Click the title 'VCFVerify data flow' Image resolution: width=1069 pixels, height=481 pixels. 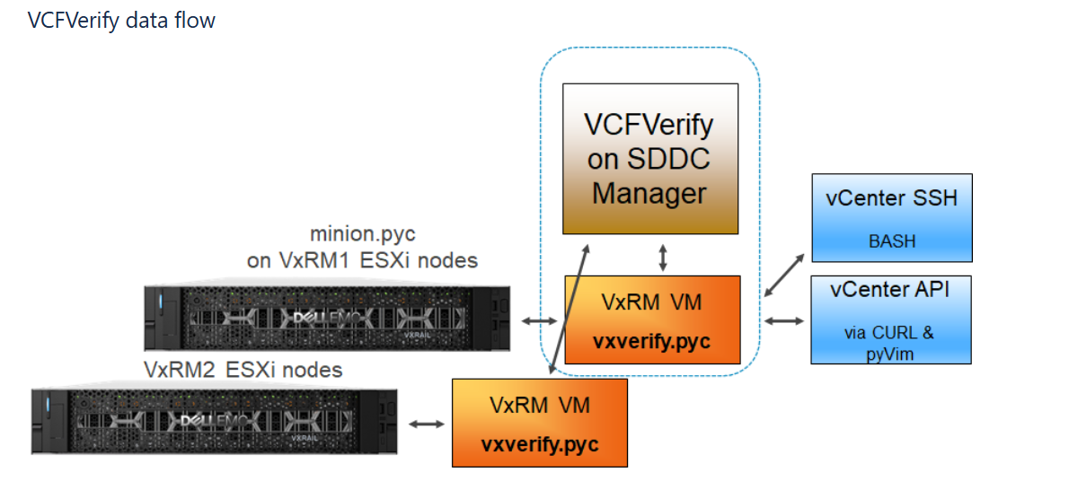coord(121,20)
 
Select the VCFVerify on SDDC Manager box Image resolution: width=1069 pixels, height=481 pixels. coord(649,159)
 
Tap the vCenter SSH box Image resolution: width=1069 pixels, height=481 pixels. coord(891,217)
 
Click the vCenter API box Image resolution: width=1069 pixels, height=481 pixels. coord(891,319)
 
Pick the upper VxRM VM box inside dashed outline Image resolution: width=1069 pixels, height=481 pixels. coord(652,319)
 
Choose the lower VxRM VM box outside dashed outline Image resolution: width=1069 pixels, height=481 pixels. coord(539,423)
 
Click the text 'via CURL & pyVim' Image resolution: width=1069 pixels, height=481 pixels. coord(889,342)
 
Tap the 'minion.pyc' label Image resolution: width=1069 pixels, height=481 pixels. coord(363,234)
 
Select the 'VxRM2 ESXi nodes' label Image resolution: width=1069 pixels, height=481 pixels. coord(243,370)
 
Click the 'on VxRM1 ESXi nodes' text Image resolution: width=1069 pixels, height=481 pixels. coord(362,260)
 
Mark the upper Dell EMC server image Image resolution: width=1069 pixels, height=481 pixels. coord(326,318)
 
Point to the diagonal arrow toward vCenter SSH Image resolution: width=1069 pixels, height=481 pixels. coord(785,273)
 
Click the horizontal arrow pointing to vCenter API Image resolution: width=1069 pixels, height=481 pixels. coord(783,320)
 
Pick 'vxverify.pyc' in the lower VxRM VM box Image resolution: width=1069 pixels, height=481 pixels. coord(539,444)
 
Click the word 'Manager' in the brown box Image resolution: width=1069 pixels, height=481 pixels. coord(649,193)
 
